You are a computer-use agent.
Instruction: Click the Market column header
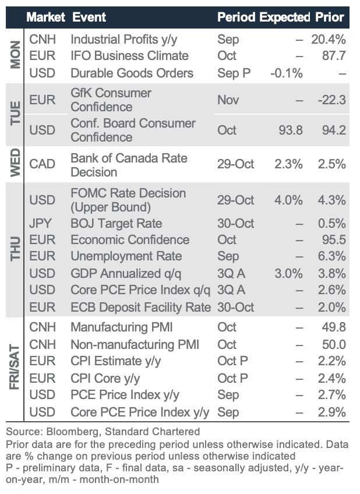[x=45, y=17]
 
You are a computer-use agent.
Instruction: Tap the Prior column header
[x=330, y=17]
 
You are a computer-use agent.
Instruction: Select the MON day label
[x=16, y=56]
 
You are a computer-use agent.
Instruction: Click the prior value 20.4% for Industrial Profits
[x=329, y=40]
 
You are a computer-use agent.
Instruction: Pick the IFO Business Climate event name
[x=129, y=56]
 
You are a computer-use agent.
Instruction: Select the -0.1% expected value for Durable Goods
[x=287, y=73]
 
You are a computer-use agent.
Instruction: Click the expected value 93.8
[x=291, y=130]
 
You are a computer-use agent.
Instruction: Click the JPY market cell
[x=41, y=224]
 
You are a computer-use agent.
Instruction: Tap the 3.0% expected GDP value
[x=289, y=273]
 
